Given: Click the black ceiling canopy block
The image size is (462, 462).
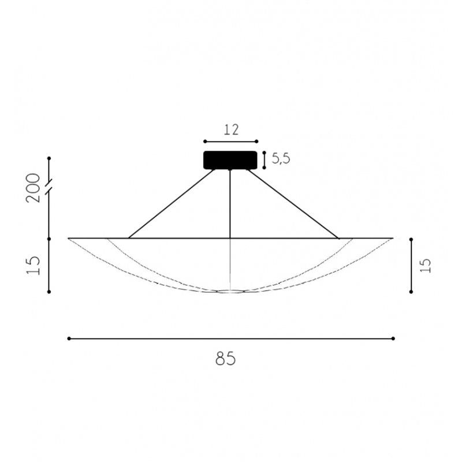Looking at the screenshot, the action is pos(230,161).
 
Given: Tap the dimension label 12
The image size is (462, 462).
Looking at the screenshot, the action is pos(231,130).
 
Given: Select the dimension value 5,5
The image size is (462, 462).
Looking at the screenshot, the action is pos(281,159).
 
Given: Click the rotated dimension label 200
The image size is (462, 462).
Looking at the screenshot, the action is pos(33,188).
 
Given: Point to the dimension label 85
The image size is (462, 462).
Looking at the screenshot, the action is pos(226,359).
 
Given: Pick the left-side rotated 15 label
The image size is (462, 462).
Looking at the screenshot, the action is pos(33,265).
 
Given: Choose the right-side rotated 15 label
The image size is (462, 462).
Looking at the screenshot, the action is pos(426,265).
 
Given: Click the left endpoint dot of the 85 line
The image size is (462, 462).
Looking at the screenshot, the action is pos(69,338).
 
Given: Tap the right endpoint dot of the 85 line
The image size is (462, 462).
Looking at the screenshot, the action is pos(393,338).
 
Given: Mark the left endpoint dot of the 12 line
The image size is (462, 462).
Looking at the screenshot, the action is pos(205,141).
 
